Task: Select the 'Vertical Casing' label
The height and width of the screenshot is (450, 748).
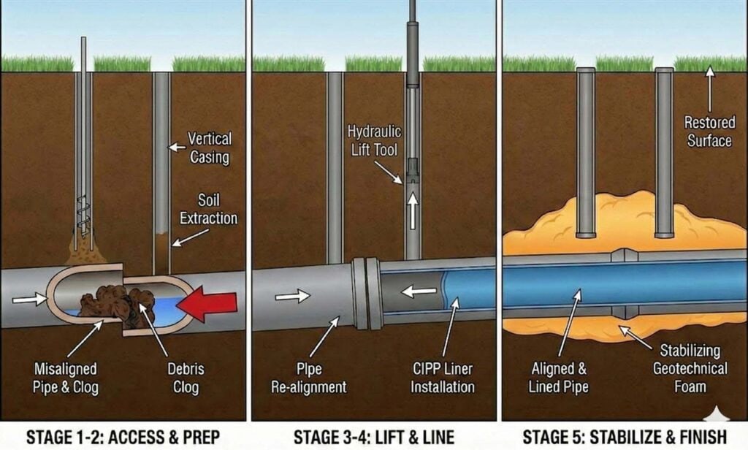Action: (x=210, y=147)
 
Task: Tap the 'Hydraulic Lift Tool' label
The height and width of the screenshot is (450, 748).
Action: (x=374, y=140)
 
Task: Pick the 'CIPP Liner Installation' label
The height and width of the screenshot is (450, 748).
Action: (x=443, y=378)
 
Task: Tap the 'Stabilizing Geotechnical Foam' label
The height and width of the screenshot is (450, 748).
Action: (x=690, y=368)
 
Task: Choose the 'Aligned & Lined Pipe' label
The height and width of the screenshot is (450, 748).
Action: (x=558, y=378)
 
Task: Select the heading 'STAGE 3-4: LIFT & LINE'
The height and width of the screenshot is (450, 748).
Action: (x=373, y=437)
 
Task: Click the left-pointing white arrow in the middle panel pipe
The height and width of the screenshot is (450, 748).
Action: (x=419, y=291)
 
